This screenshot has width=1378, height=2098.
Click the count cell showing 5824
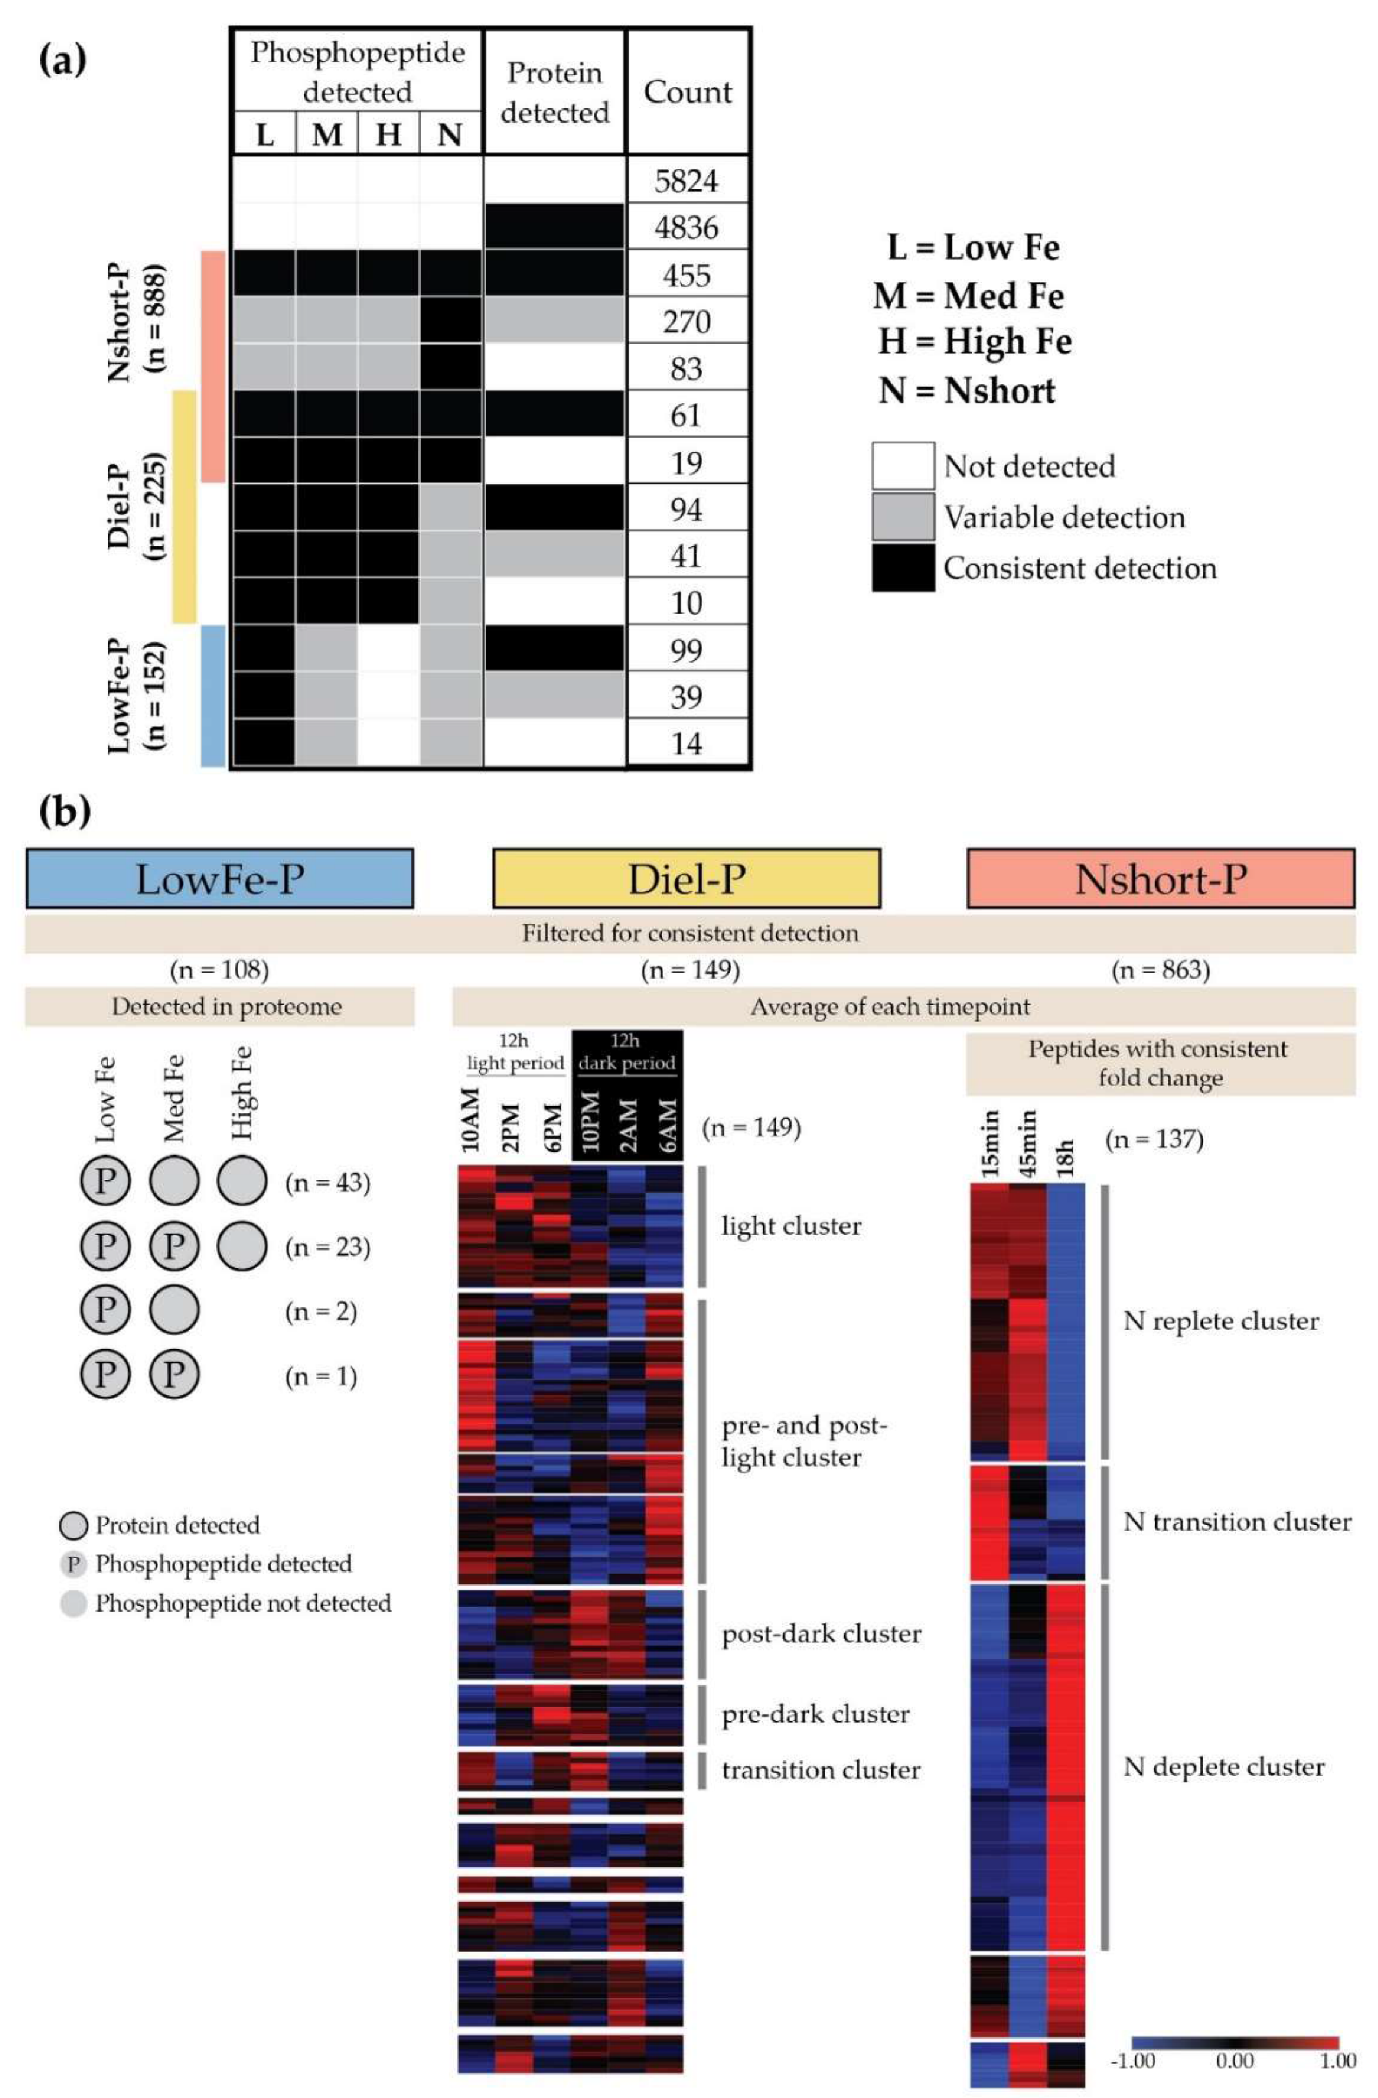coord(686,180)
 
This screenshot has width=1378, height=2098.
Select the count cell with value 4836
coord(686,227)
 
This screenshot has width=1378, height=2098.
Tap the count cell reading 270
coord(686,320)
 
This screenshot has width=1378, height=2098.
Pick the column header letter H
coord(388,135)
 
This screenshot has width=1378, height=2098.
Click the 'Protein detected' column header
coord(555,91)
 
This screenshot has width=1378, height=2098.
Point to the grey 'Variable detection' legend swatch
coord(902,516)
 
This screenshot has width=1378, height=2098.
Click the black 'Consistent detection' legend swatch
coord(902,568)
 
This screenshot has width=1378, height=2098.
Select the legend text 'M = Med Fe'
coord(968,295)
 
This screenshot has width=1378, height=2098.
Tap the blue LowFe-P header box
coord(220,878)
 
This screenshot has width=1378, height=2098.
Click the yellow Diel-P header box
coord(686,878)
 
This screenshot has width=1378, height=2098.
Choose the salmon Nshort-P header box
coord(1160,878)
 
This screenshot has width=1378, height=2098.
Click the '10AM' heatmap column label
coord(470,1120)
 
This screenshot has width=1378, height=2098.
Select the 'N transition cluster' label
coord(1236,1522)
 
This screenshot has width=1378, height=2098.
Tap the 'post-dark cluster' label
coord(821,1635)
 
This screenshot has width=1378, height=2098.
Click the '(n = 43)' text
coord(328,1183)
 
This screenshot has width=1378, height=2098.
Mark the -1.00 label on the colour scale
coord(1133,2060)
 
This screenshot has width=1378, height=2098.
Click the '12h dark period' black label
coord(627,1052)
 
